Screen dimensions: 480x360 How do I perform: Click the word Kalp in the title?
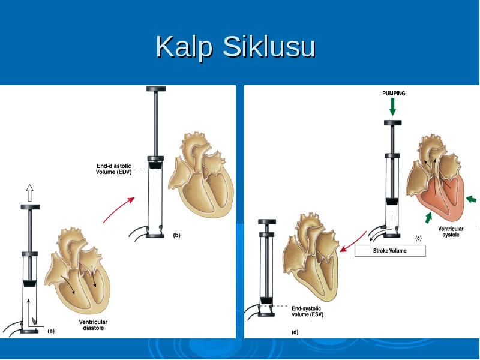tap(184, 47)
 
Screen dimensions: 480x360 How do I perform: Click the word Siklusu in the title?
tap(269, 46)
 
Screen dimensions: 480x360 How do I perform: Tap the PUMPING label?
tap(394, 94)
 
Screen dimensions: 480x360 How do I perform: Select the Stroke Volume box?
tap(390, 251)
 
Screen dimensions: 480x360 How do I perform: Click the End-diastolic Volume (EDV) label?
tap(113, 169)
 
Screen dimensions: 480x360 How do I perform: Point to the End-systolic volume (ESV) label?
tap(307, 311)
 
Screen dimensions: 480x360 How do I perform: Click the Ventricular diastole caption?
tap(93, 325)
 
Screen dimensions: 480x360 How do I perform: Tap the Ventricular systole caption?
tap(451, 232)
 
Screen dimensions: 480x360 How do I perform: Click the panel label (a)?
tap(51, 331)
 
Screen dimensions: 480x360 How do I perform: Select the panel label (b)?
tap(176, 235)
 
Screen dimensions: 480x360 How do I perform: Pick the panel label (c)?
tap(418, 238)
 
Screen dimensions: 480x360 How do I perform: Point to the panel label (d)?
tap(295, 332)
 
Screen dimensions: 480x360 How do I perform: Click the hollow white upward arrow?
tap(29, 193)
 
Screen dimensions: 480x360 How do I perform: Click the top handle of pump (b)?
tap(156, 89)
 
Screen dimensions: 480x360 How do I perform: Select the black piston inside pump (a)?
tap(30, 283)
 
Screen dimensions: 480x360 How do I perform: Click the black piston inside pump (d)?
tap(266, 301)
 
